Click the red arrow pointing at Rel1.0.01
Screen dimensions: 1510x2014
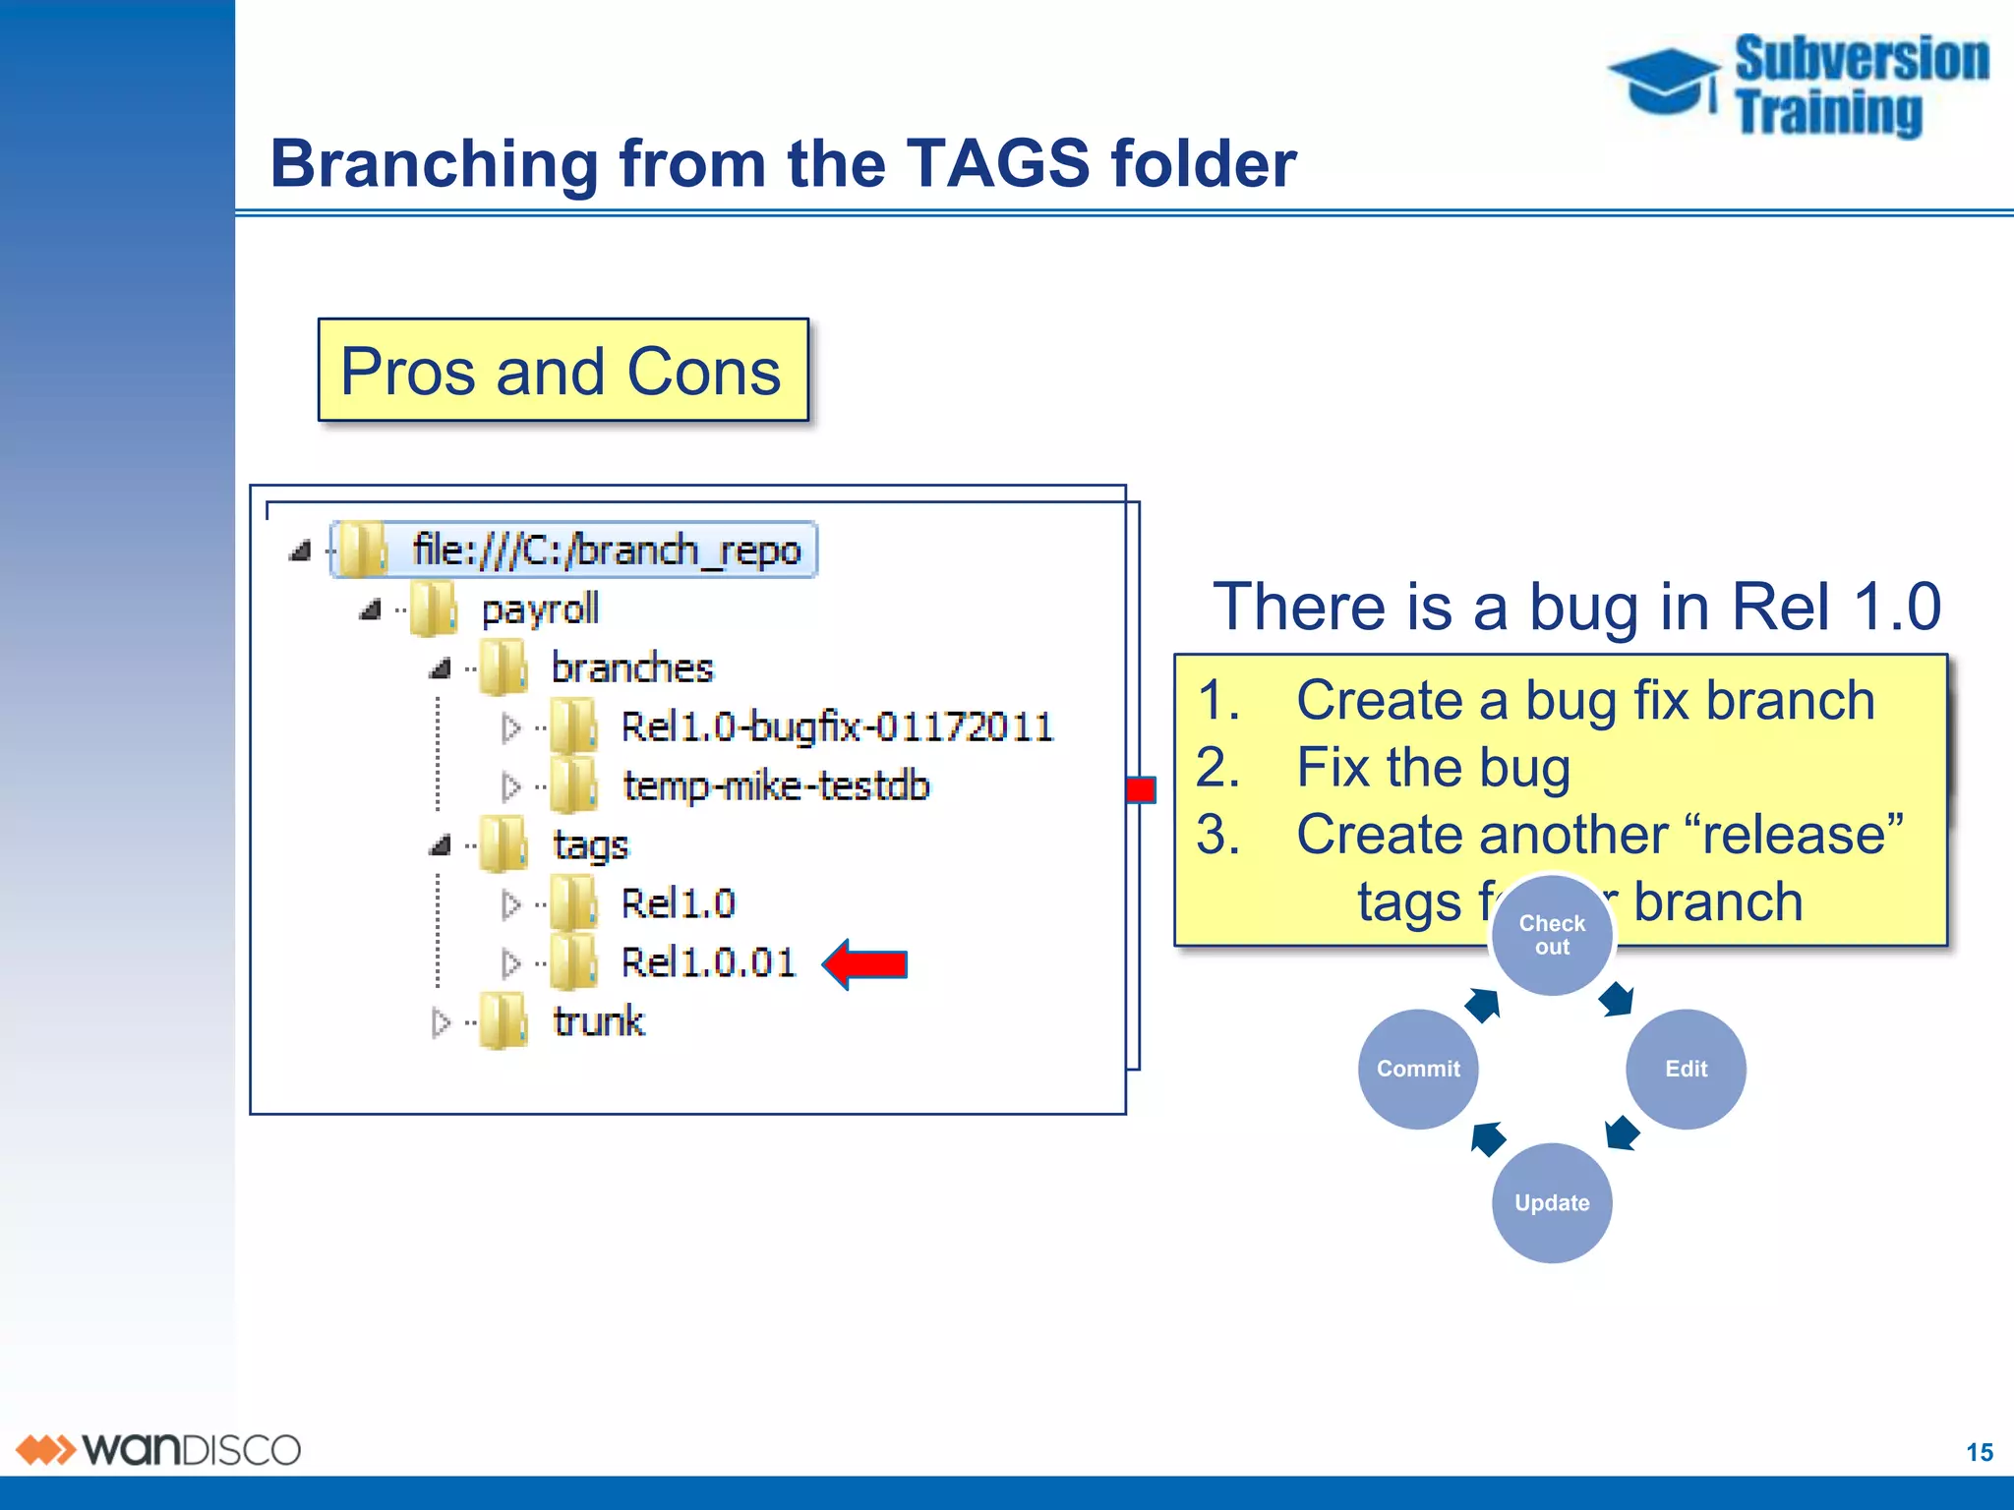[x=865, y=964]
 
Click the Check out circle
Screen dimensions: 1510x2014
[x=1552, y=935]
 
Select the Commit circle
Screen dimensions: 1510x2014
[x=1417, y=1069]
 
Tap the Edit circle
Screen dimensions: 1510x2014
[x=1686, y=1069]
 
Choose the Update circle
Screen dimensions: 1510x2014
[x=1552, y=1202]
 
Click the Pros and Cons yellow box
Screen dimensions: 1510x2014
[x=563, y=371]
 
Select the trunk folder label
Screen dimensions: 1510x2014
[x=598, y=1022]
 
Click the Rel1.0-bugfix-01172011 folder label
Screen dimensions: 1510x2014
[x=836, y=727]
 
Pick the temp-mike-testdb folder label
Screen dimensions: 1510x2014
[x=775, y=786]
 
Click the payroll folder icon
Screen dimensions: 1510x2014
[x=434, y=610]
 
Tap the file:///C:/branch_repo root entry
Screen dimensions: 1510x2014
[x=606, y=550]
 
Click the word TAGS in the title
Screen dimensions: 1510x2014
[x=997, y=163]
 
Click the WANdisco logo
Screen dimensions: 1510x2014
[x=157, y=1450]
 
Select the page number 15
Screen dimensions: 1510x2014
[x=1979, y=1452]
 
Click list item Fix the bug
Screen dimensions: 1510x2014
[x=1432, y=768]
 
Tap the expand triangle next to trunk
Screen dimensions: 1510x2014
[x=441, y=1023]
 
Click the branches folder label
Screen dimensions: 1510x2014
[x=631, y=668]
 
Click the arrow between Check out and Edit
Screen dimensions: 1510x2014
[x=1616, y=1000]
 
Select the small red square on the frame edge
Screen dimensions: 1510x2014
[x=1141, y=789]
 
